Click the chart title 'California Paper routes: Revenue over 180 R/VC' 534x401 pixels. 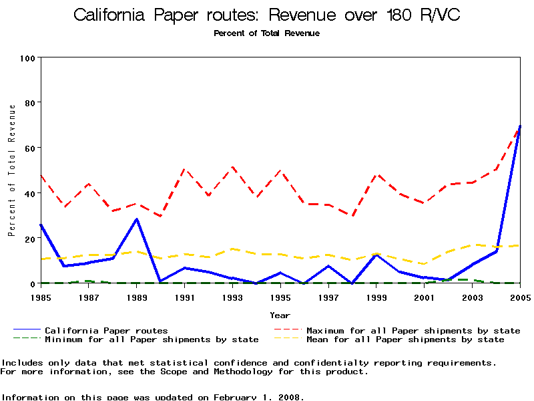coord(266,15)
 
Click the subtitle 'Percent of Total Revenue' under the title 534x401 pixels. coord(266,33)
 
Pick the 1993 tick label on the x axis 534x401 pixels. coord(232,297)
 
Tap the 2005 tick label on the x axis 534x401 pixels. coord(521,297)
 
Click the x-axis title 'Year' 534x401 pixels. coord(280,315)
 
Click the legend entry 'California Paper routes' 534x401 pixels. coord(106,330)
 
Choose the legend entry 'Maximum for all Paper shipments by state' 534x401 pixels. coord(413,330)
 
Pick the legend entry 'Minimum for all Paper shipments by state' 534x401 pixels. coord(152,340)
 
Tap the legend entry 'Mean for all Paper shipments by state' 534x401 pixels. coord(405,340)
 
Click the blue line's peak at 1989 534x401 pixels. coord(136,219)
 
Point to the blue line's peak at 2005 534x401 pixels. coord(520,126)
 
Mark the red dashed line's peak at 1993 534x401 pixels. coord(232,167)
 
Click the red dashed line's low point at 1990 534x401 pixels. coord(160,216)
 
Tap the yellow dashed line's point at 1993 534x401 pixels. coord(232,249)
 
